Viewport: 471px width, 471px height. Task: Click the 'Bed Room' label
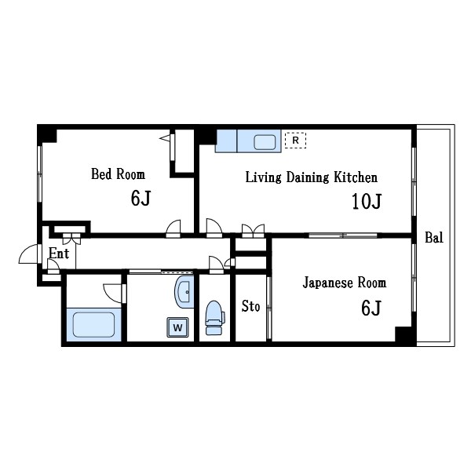pos(118,174)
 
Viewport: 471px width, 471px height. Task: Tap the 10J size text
pos(367,201)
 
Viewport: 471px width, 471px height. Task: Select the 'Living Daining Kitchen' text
pos(312,177)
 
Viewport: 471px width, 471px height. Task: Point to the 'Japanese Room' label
pos(345,283)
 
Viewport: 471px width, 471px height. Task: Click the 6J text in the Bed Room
pos(141,199)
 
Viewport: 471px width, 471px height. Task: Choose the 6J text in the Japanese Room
pos(371,308)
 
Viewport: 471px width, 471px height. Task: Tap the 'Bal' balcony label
pos(434,238)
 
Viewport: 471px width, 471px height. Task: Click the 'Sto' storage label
pos(251,306)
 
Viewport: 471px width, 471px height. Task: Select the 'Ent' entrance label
pos(59,254)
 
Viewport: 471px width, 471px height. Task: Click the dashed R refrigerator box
pos(296,141)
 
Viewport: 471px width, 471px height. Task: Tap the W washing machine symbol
pos(178,327)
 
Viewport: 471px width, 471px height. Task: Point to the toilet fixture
pos(214,318)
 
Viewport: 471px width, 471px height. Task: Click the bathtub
pos(93,325)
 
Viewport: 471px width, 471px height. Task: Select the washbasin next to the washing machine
pos(184,292)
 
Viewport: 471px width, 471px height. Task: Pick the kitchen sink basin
pos(265,142)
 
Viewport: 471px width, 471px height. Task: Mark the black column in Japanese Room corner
pos(403,334)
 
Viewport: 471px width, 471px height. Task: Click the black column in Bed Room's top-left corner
pos(47,134)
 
